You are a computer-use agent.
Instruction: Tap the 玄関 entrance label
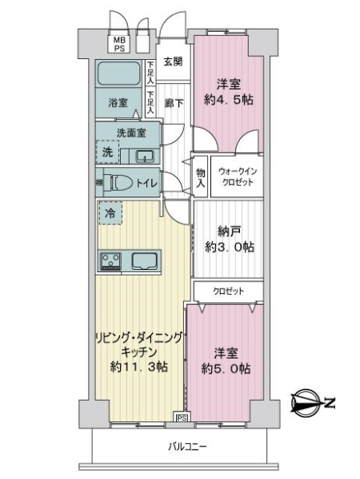click(x=173, y=61)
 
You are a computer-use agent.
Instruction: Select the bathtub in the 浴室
click(x=119, y=76)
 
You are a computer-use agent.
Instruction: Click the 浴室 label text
click(x=118, y=102)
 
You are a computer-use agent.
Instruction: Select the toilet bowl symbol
click(x=120, y=183)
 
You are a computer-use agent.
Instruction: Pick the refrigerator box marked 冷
click(x=110, y=213)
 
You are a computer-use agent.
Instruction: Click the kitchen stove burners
click(x=110, y=260)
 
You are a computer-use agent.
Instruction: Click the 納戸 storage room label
click(x=230, y=232)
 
